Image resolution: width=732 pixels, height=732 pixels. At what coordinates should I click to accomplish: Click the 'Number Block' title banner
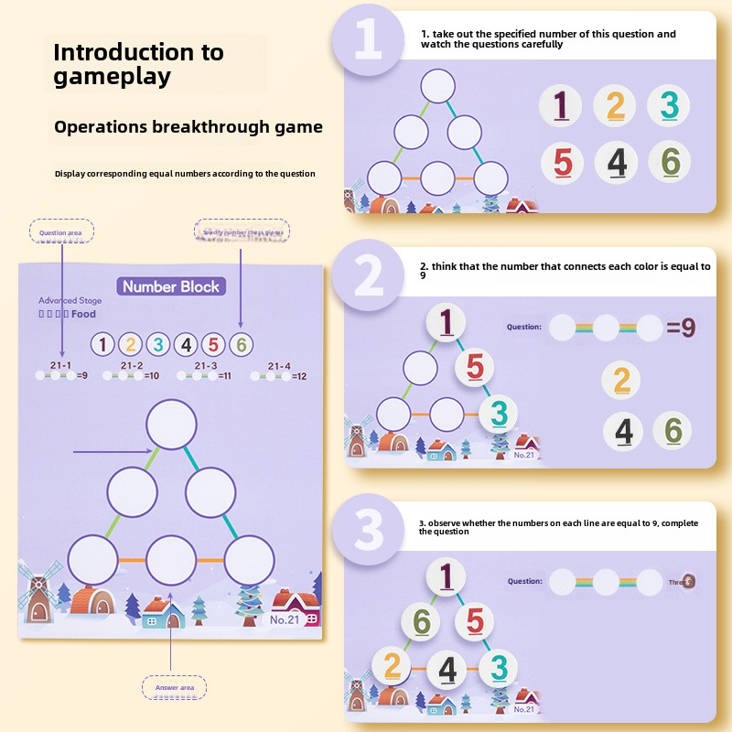click(172, 286)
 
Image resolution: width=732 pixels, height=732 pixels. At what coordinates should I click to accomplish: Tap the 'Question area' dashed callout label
click(60, 232)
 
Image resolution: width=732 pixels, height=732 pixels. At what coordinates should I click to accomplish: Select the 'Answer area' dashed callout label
click(174, 687)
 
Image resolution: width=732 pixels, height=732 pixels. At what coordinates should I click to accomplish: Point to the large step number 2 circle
click(368, 274)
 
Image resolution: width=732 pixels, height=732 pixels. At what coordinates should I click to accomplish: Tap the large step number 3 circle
click(368, 530)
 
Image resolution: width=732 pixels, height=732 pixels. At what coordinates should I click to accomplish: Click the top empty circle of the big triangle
click(171, 424)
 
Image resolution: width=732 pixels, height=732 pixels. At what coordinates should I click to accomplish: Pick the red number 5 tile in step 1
click(563, 163)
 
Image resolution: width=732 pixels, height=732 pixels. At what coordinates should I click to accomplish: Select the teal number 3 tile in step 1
click(670, 106)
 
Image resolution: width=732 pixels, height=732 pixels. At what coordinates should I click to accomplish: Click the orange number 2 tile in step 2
click(622, 380)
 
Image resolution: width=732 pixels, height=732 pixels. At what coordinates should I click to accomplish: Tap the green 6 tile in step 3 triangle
click(422, 622)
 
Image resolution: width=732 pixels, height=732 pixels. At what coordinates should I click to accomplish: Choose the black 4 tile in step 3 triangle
click(447, 669)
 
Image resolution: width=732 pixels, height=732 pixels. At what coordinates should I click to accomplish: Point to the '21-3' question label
click(206, 365)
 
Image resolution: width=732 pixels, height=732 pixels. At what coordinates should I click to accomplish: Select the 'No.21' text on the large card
click(285, 620)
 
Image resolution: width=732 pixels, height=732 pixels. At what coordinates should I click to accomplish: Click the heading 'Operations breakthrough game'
click(188, 127)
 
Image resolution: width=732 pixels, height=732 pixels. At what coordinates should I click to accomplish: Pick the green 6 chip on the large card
click(241, 345)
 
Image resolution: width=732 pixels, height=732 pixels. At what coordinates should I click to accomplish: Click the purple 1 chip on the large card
click(103, 345)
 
